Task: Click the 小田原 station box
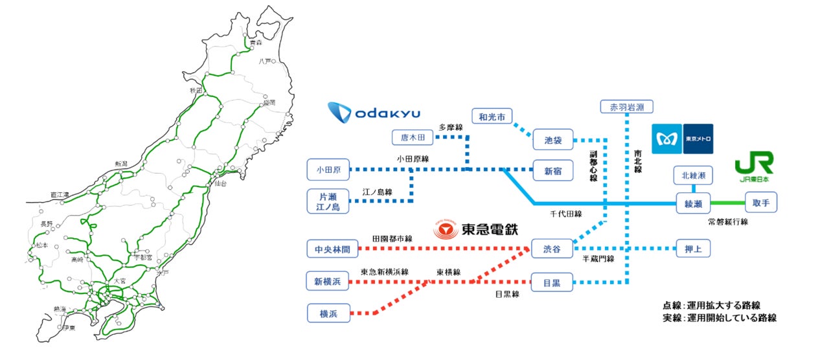328,171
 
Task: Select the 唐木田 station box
413,137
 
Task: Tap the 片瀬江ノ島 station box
328,201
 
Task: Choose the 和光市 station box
492,117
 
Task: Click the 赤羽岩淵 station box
626,107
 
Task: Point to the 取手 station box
761,202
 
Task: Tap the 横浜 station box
328,313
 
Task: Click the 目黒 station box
552,282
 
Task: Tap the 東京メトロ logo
683,139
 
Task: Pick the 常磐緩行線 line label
728,221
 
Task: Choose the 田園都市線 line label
392,238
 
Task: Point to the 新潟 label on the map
121,164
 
